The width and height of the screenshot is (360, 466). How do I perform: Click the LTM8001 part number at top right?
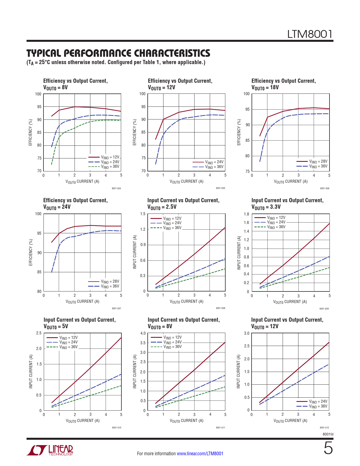coord(310,34)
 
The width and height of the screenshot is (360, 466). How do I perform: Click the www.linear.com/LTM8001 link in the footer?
coord(200,454)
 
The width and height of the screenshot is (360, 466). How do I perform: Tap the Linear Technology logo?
coord(50,450)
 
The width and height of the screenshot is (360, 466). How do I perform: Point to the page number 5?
coord(328,448)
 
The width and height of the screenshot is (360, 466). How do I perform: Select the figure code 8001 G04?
coord(116,188)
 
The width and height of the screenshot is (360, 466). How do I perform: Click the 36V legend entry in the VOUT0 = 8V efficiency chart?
coord(110,167)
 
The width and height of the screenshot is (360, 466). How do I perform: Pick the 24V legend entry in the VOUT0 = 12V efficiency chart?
coord(214,162)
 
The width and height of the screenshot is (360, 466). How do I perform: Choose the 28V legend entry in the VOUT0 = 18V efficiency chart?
coord(318,162)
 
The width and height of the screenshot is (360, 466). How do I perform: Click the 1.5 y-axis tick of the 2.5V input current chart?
coord(143,214)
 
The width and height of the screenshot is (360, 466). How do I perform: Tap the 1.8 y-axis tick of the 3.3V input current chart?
coord(246,214)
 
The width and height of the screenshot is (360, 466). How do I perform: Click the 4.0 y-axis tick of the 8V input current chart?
coord(143,333)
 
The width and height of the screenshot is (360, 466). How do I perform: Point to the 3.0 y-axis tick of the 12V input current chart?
coord(246,333)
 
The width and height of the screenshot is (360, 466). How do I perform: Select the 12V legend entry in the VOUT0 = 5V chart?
coord(68,337)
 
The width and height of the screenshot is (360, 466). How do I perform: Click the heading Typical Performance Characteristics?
coord(118,53)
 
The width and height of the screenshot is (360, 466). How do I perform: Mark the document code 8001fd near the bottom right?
coord(328,434)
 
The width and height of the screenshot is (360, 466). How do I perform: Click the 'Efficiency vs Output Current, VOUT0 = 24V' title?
coord(75,203)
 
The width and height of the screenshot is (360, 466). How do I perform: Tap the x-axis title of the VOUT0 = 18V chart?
coord(291,182)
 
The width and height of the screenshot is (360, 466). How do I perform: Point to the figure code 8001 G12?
coord(324,428)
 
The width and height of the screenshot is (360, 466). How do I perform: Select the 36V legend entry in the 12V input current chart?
coord(318,406)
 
